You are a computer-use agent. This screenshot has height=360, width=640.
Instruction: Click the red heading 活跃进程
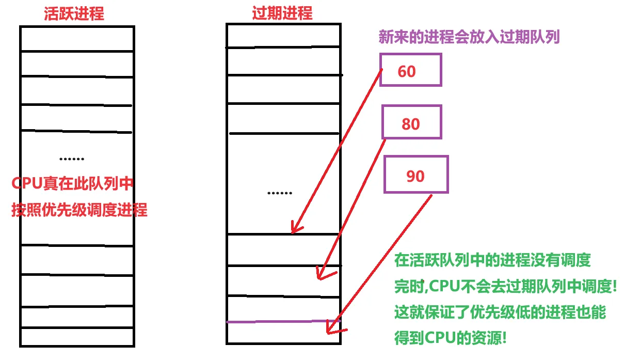(74, 13)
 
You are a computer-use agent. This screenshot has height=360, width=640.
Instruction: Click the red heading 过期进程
(282, 13)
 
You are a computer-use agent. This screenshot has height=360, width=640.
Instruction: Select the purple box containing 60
(410, 69)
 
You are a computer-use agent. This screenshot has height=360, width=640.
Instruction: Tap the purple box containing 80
(412, 122)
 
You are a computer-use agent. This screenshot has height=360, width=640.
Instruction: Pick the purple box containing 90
(416, 175)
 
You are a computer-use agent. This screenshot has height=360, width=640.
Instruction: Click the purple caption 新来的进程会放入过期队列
(469, 37)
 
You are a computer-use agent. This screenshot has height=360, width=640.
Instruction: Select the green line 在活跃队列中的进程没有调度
(492, 260)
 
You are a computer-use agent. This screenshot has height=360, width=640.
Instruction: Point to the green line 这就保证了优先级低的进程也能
(500, 312)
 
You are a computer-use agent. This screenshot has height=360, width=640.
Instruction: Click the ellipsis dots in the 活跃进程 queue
(72, 159)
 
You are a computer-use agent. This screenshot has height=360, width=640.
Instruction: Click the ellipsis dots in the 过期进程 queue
(280, 193)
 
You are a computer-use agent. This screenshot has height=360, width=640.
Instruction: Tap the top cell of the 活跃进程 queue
(77, 39)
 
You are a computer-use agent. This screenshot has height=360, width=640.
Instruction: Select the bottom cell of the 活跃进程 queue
(77, 336)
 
